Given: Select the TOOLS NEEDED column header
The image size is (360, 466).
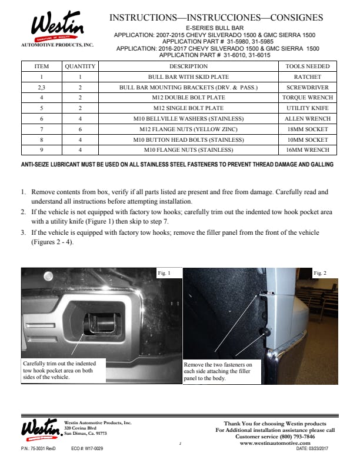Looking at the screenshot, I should tap(307, 66).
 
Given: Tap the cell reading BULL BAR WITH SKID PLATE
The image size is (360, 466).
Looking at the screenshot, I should tap(188, 76).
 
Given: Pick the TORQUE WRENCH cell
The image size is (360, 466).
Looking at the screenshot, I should tap(307, 97).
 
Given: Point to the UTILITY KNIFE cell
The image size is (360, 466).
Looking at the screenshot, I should tap(307, 108).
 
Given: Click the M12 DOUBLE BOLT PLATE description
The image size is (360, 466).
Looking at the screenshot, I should tap(188, 97).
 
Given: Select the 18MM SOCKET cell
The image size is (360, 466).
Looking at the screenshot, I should tap(307, 129).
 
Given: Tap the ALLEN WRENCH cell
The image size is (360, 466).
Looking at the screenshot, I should tap(307, 119).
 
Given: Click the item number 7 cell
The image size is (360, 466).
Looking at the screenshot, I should tap(42, 129).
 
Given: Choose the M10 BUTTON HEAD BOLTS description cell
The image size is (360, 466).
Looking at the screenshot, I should tap(188, 139).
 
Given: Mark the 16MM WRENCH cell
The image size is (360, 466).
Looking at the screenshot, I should tap(307, 150).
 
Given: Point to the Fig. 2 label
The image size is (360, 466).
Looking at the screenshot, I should tap(321, 274).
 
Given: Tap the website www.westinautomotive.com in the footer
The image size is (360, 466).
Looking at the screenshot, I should tap(279, 442).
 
